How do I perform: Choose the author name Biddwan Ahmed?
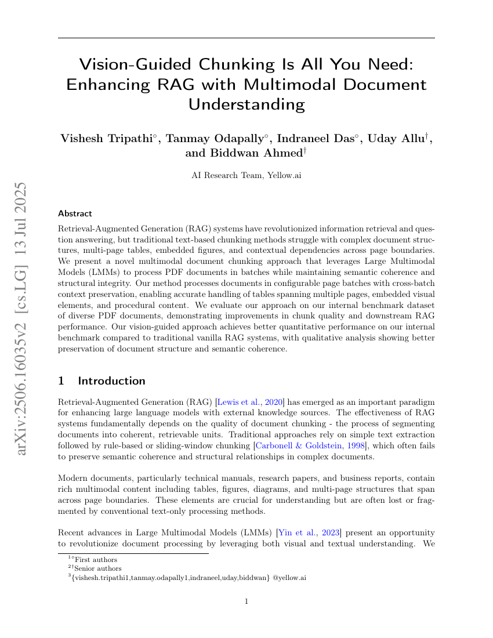pyautogui.click(x=244, y=153)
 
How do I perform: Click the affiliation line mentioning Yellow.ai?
pyautogui.click(x=246, y=175)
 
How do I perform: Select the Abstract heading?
pyautogui.click(x=75, y=213)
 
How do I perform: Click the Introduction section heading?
pyautogui.click(x=111, y=381)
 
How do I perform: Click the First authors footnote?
pyautogui.click(x=96, y=560)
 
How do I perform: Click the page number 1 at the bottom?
pyautogui.click(x=246, y=601)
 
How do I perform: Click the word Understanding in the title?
pyautogui.click(x=246, y=104)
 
